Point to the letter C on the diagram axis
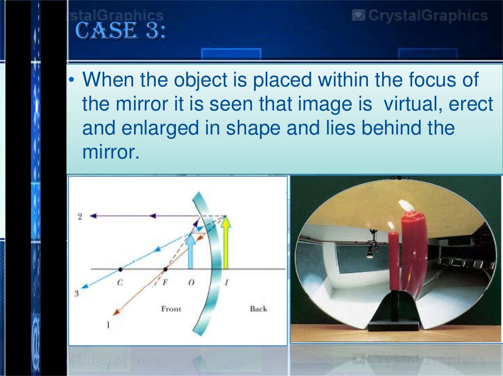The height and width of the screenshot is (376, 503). (x=119, y=283)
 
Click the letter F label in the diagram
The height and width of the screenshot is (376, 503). (x=166, y=283)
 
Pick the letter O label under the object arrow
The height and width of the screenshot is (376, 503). (x=191, y=283)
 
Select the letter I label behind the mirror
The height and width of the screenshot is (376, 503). (x=226, y=283)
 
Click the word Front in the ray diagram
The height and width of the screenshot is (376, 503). (x=171, y=309)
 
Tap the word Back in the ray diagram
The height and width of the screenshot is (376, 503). (x=258, y=309)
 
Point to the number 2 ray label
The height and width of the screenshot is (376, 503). (x=80, y=216)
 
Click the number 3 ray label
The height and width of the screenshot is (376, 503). (x=77, y=294)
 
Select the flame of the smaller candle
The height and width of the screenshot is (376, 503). (x=391, y=226)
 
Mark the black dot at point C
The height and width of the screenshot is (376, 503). (x=120, y=269)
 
